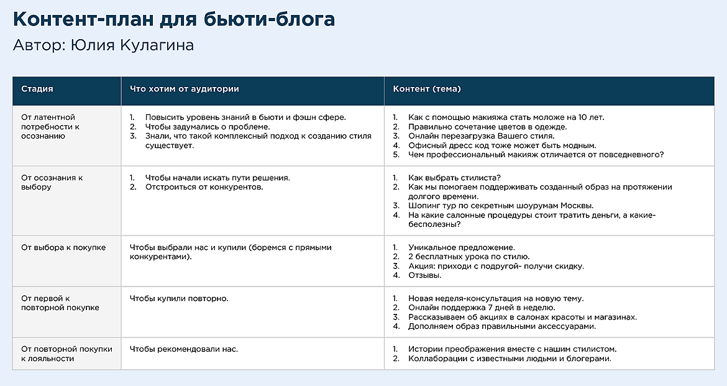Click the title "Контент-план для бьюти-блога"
[x=174, y=19]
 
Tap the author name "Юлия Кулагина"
[x=132, y=46]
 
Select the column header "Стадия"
[x=37, y=89]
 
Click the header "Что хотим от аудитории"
[x=184, y=89]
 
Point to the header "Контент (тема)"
[x=427, y=89]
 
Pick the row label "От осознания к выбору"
[x=52, y=182]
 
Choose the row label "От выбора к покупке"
[x=63, y=247]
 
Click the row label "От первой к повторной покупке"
[x=60, y=303]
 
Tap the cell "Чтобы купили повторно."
[x=179, y=298]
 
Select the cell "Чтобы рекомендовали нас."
[x=183, y=349]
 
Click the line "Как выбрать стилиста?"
[x=455, y=178]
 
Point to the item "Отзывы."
[x=425, y=275]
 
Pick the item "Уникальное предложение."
[x=461, y=247]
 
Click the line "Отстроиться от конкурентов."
[x=204, y=187]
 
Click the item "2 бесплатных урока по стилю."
[x=469, y=257]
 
